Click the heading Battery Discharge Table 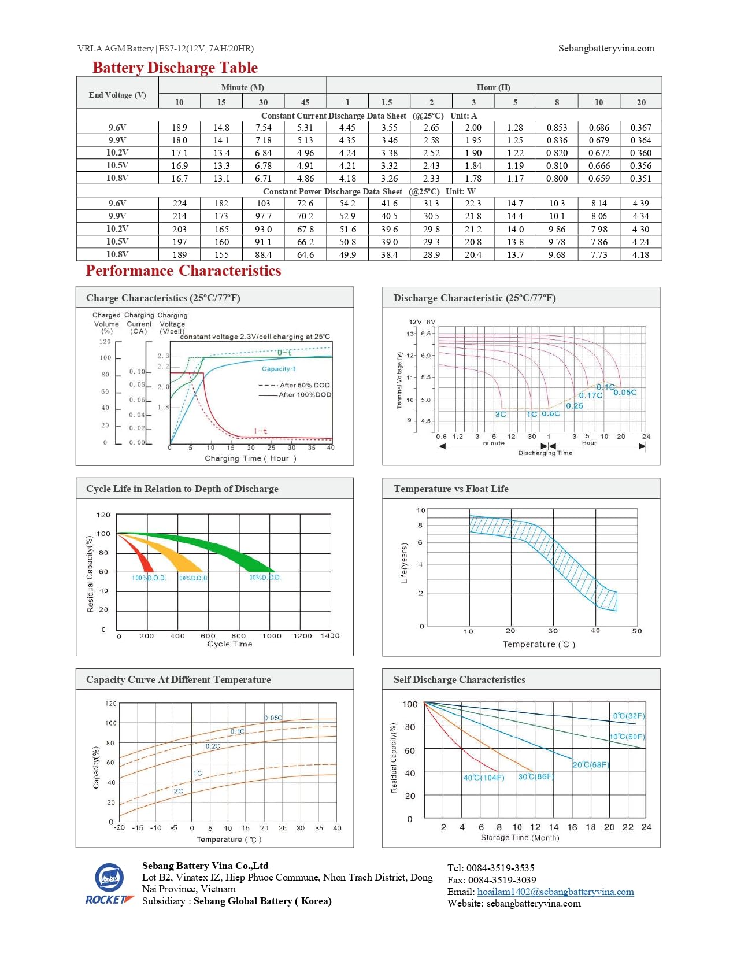(x=175, y=68)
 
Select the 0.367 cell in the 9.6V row (x=640, y=128)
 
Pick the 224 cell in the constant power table (x=179, y=204)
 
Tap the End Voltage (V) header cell (x=117, y=95)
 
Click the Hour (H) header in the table (x=493, y=87)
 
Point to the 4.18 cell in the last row (x=640, y=254)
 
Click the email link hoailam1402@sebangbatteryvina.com (x=555, y=892)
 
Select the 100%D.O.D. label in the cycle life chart (x=149, y=578)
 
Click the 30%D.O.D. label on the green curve (x=265, y=577)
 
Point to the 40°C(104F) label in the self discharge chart (x=483, y=778)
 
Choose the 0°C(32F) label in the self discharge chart (x=629, y=716)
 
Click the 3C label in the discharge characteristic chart (x=500, y=414)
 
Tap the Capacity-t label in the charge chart (x=278, y=369)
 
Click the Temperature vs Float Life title (x=451, y=489)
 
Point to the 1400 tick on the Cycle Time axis (x=329, y=636)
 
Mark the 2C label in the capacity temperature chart (x=178, y=791)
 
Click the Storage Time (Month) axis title (x=520, y=837)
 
